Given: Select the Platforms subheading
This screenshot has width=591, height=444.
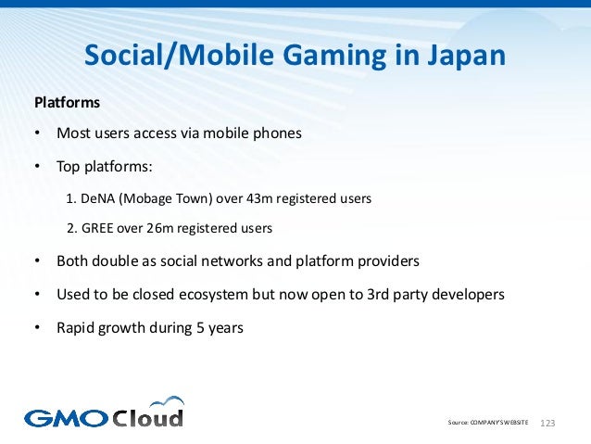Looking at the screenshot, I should pos(66,101).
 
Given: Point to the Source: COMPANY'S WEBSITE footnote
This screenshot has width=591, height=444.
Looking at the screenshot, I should pos(487,422).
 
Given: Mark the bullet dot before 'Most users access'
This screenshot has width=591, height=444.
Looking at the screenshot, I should pos(38,133).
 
